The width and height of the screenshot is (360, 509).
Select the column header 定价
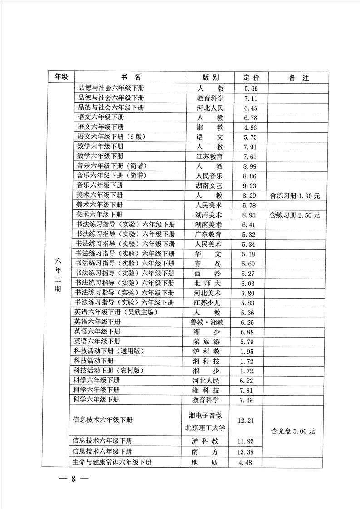pyautogui.click(x=251, y=78)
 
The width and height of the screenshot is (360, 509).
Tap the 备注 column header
pyautogui.click(x=298, y=78)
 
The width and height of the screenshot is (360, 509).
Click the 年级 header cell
pyautogui.click(x=61, y=78)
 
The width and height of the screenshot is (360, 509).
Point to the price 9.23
pyautogui.click(x=251, y=186)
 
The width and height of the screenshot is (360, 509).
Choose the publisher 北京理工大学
pyautogui.click(x=207, y=427)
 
